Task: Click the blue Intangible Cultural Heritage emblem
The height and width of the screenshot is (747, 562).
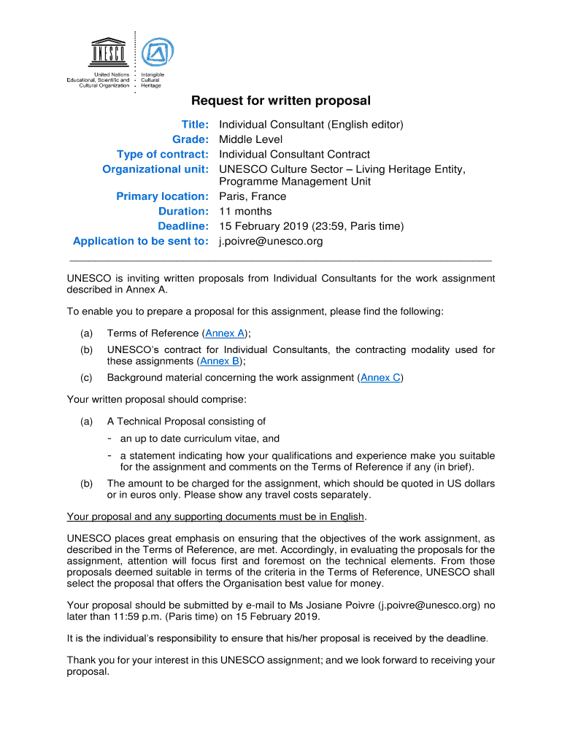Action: point(158,52)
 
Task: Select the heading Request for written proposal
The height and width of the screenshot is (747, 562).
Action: point(281,101)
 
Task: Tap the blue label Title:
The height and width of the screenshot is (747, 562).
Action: point(196,125)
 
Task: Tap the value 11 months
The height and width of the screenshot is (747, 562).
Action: point(246,212)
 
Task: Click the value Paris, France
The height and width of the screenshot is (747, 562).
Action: point(253,196)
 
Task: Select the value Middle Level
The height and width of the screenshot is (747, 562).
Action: point(250,139)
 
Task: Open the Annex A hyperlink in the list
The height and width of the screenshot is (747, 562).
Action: point(224,333)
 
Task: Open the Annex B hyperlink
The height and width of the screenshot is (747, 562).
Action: point(220,361)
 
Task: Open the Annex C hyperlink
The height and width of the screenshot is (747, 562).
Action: point(380,378)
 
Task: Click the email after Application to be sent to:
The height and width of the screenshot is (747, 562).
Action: point(271,241)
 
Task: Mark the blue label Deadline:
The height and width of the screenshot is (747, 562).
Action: point(184,226)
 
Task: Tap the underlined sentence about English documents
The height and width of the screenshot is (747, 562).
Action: point(216,517)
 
